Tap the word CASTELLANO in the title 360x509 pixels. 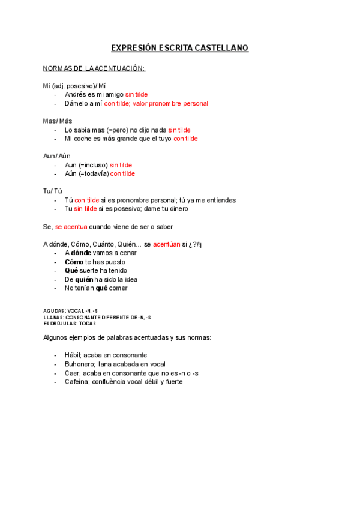coord(221,48)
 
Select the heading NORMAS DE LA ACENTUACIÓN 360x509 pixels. coord(94,68)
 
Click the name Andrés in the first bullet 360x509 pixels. coord(75,95)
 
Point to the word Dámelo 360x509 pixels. coord(76,104)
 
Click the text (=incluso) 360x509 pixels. coord(93,165)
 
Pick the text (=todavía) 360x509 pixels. coord(94,174)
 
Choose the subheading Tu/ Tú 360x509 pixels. coord(52,191)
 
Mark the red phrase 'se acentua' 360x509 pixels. coord(71,227)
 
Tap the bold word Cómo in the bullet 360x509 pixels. coord(74,262)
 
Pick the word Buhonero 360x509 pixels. coord(80,364)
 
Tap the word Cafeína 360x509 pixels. coord(76,382)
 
